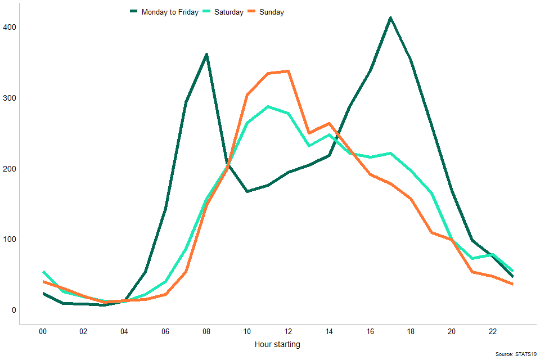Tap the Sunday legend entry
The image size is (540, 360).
[x=271, y=12]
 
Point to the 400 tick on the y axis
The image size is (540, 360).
[x=10, y=27]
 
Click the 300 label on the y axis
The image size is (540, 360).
[x=10, y=98]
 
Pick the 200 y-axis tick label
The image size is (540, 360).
[x=10, y=169]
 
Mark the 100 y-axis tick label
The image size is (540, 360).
[x=10, y=239]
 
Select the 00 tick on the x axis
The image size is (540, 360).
[x=43, y=332]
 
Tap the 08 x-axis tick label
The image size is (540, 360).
[x=206, y=332]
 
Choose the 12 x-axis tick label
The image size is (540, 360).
[x=288, y=332]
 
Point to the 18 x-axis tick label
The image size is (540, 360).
[x=411, y=332]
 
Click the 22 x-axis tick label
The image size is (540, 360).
[x=492, y=332]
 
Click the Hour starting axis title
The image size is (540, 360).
[x=277, y=344]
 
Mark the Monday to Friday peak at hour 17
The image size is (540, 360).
[x=390, y=18]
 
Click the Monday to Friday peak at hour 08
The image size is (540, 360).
[x=206, y=55]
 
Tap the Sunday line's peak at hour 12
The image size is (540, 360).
[x=288, y=71]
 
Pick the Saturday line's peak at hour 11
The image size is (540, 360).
[x=268, y=106]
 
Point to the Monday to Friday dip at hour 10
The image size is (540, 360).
[x=247, y=192]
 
